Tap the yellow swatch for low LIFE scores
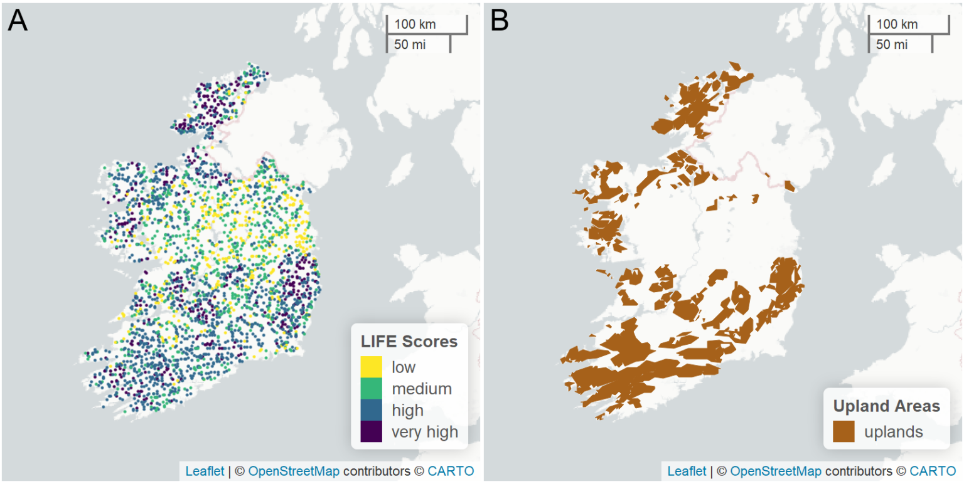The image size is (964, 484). click(371, 367)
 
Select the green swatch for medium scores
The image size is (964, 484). click(371, 389)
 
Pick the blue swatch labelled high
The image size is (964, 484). click(371, 410)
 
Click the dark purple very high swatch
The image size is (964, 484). click(371, 431)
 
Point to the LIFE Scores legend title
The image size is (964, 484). click(409, 342)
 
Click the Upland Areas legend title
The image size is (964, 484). click(886, 406)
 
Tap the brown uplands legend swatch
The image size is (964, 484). click(843, 431)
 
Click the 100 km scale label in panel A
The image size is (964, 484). click(415, 24)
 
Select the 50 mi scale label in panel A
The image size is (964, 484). click(409, 45)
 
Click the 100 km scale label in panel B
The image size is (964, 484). click(897, 24)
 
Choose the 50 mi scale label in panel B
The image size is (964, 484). click(891, 45)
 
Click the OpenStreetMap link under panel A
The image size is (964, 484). click(294, 471)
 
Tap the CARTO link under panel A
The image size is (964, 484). click(451, 471)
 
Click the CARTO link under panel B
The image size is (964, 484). click(933, 471)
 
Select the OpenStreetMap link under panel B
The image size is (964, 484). click(776, 471)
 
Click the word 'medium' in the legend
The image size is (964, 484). click(421, 389)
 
